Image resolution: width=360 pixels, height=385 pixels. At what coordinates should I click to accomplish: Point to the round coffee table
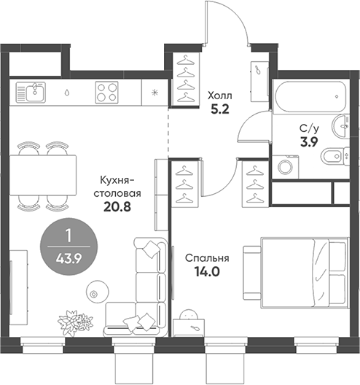95,292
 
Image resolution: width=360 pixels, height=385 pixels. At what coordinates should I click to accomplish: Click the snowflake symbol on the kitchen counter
154,93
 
